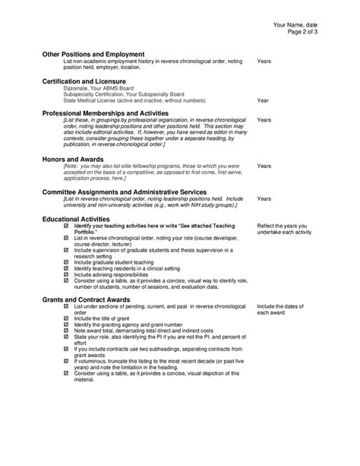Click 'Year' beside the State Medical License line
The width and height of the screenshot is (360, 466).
pos(264,100)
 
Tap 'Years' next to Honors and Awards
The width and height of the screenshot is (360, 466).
pos(264,166)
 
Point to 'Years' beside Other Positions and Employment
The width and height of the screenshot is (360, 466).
pos(264,61)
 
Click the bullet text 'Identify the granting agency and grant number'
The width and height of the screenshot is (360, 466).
pos(125,324)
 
